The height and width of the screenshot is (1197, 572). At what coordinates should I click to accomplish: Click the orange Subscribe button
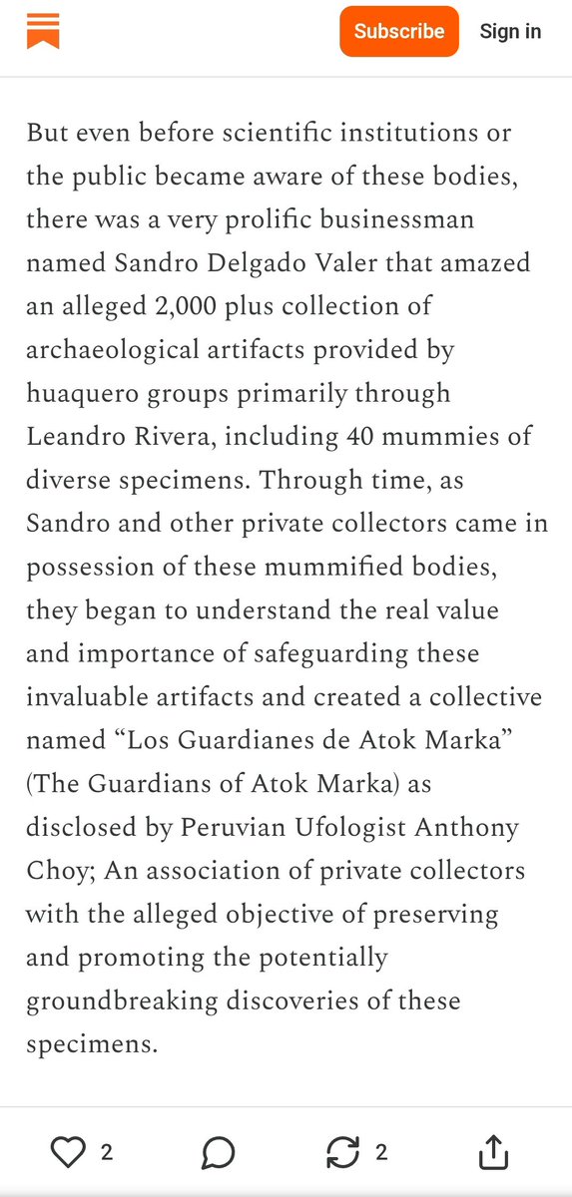(x=399, y=31)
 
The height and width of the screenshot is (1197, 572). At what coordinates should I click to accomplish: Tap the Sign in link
(x=510, y=31)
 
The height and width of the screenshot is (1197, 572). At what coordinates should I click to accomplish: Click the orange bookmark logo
(x=43, y=31)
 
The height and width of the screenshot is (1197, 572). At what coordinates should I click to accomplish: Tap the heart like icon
(x=68, y=1153)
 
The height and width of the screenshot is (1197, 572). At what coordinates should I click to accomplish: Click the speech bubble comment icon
(x=218, y=1153)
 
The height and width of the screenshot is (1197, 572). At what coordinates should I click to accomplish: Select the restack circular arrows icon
(x=342, y=1153)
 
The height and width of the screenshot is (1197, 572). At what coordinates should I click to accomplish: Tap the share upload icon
(x=493, y=1153)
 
